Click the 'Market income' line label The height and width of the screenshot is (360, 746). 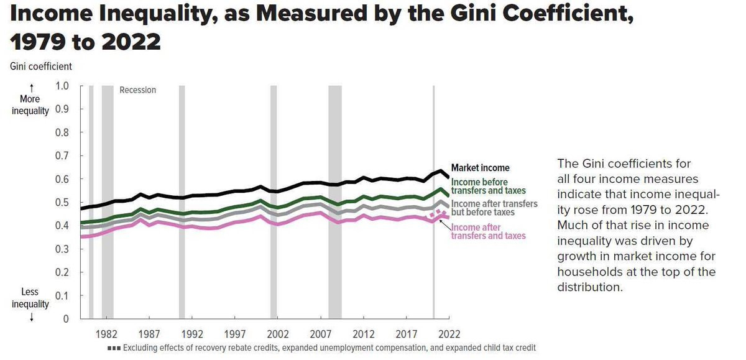[480, 168]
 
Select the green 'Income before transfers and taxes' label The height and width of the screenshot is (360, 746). [488, 186]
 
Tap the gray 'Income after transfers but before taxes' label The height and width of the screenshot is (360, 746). [494, 208]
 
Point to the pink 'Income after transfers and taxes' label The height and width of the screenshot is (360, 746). [488, 231]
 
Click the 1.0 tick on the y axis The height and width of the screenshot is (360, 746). [62, 86]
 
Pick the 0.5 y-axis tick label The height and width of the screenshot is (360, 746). [62, 203]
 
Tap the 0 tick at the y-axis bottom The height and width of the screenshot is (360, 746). [65, 319]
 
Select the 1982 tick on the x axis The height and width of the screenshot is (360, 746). [106, 334]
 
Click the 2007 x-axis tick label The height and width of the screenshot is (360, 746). [320, 334]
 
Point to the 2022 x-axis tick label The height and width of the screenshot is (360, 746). [449, 334]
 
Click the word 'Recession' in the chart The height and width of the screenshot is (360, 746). [138, 90]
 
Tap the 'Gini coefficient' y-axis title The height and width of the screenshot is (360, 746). [41, 66]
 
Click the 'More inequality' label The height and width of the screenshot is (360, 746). [30, 104]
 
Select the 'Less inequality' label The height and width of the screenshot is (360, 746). [30, 298]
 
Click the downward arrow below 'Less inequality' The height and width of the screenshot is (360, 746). [30, 316]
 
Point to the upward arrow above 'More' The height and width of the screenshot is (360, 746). [30, 88]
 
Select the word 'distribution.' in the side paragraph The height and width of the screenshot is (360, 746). [590, 288]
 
